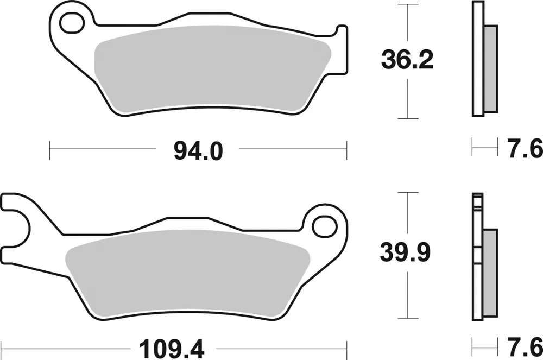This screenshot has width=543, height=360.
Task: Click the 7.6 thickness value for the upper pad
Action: click(525, 147)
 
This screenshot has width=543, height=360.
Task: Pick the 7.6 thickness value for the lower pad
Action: click(525, 345)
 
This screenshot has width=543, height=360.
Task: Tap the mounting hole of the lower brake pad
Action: click(324, 225)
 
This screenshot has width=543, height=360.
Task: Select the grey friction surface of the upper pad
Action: click(212, 71)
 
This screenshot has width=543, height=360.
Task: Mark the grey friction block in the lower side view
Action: click(489, 274)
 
